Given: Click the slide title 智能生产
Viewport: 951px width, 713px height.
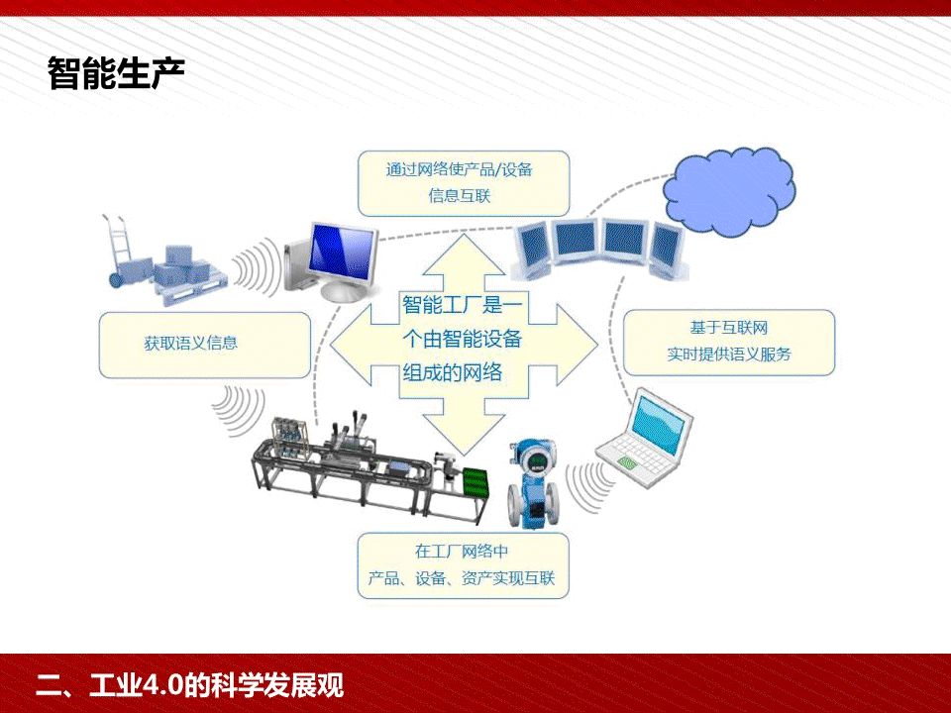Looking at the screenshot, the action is coord(116,73).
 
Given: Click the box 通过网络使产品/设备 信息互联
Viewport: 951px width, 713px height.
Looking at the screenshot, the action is coord(464,182).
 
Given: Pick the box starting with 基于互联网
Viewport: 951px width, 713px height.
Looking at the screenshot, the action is coord(729,341).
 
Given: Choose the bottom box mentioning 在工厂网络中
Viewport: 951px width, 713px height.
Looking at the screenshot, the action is coord(464,564).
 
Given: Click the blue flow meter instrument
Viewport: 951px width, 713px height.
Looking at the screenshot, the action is coord(534,485).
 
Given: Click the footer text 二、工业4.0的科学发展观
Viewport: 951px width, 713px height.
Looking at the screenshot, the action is coord(188,684).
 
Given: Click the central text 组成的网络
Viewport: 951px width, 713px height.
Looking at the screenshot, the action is coord(451,371).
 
